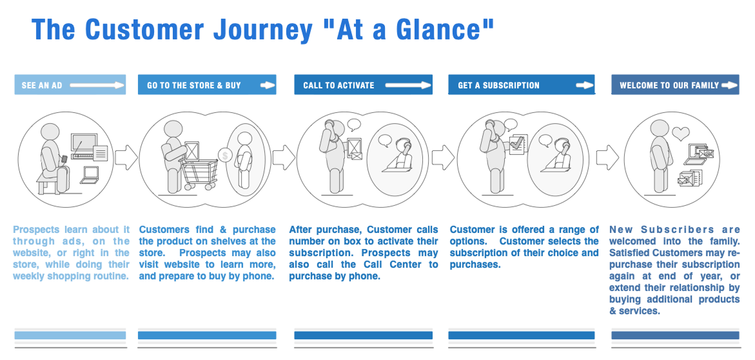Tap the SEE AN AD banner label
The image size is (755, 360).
42,85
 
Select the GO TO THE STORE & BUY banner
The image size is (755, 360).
194,85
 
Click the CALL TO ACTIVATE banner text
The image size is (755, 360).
338,85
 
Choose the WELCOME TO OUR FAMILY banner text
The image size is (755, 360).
669,85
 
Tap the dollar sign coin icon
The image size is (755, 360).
225,155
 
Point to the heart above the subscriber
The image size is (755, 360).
680,134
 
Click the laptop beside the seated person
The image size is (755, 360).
90,173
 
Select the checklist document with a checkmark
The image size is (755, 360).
518,143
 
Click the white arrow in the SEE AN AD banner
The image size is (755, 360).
97,85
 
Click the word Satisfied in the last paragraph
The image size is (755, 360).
630,253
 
